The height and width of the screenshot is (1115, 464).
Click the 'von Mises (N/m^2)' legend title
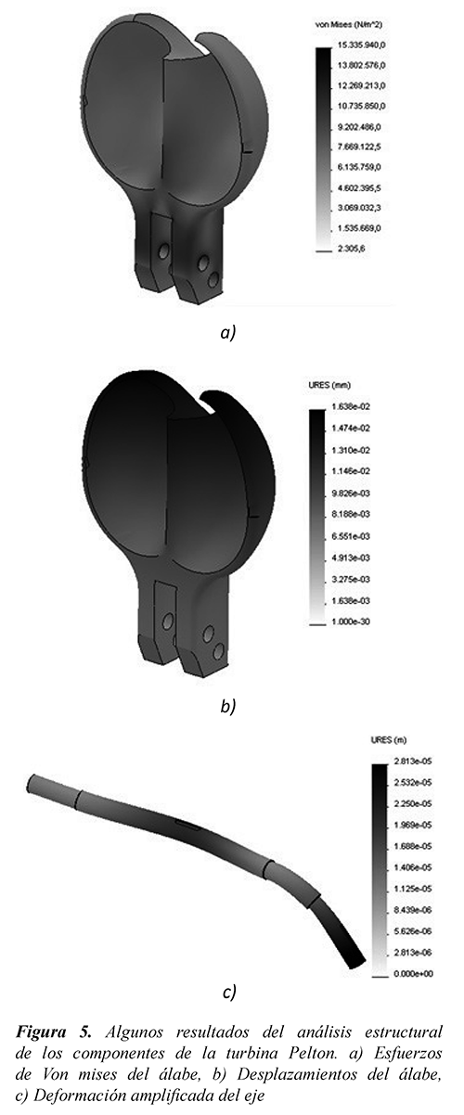coord(349,24)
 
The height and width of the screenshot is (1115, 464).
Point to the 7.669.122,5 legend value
coord(359,147)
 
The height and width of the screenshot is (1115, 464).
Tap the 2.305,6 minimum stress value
coord(351,249)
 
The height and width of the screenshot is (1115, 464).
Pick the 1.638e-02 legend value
coord(351,406)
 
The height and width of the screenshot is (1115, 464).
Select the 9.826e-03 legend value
coord(351,493)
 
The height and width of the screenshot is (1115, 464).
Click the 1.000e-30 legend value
coord(351,622)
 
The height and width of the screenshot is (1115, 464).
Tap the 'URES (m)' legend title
coord(388,740)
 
